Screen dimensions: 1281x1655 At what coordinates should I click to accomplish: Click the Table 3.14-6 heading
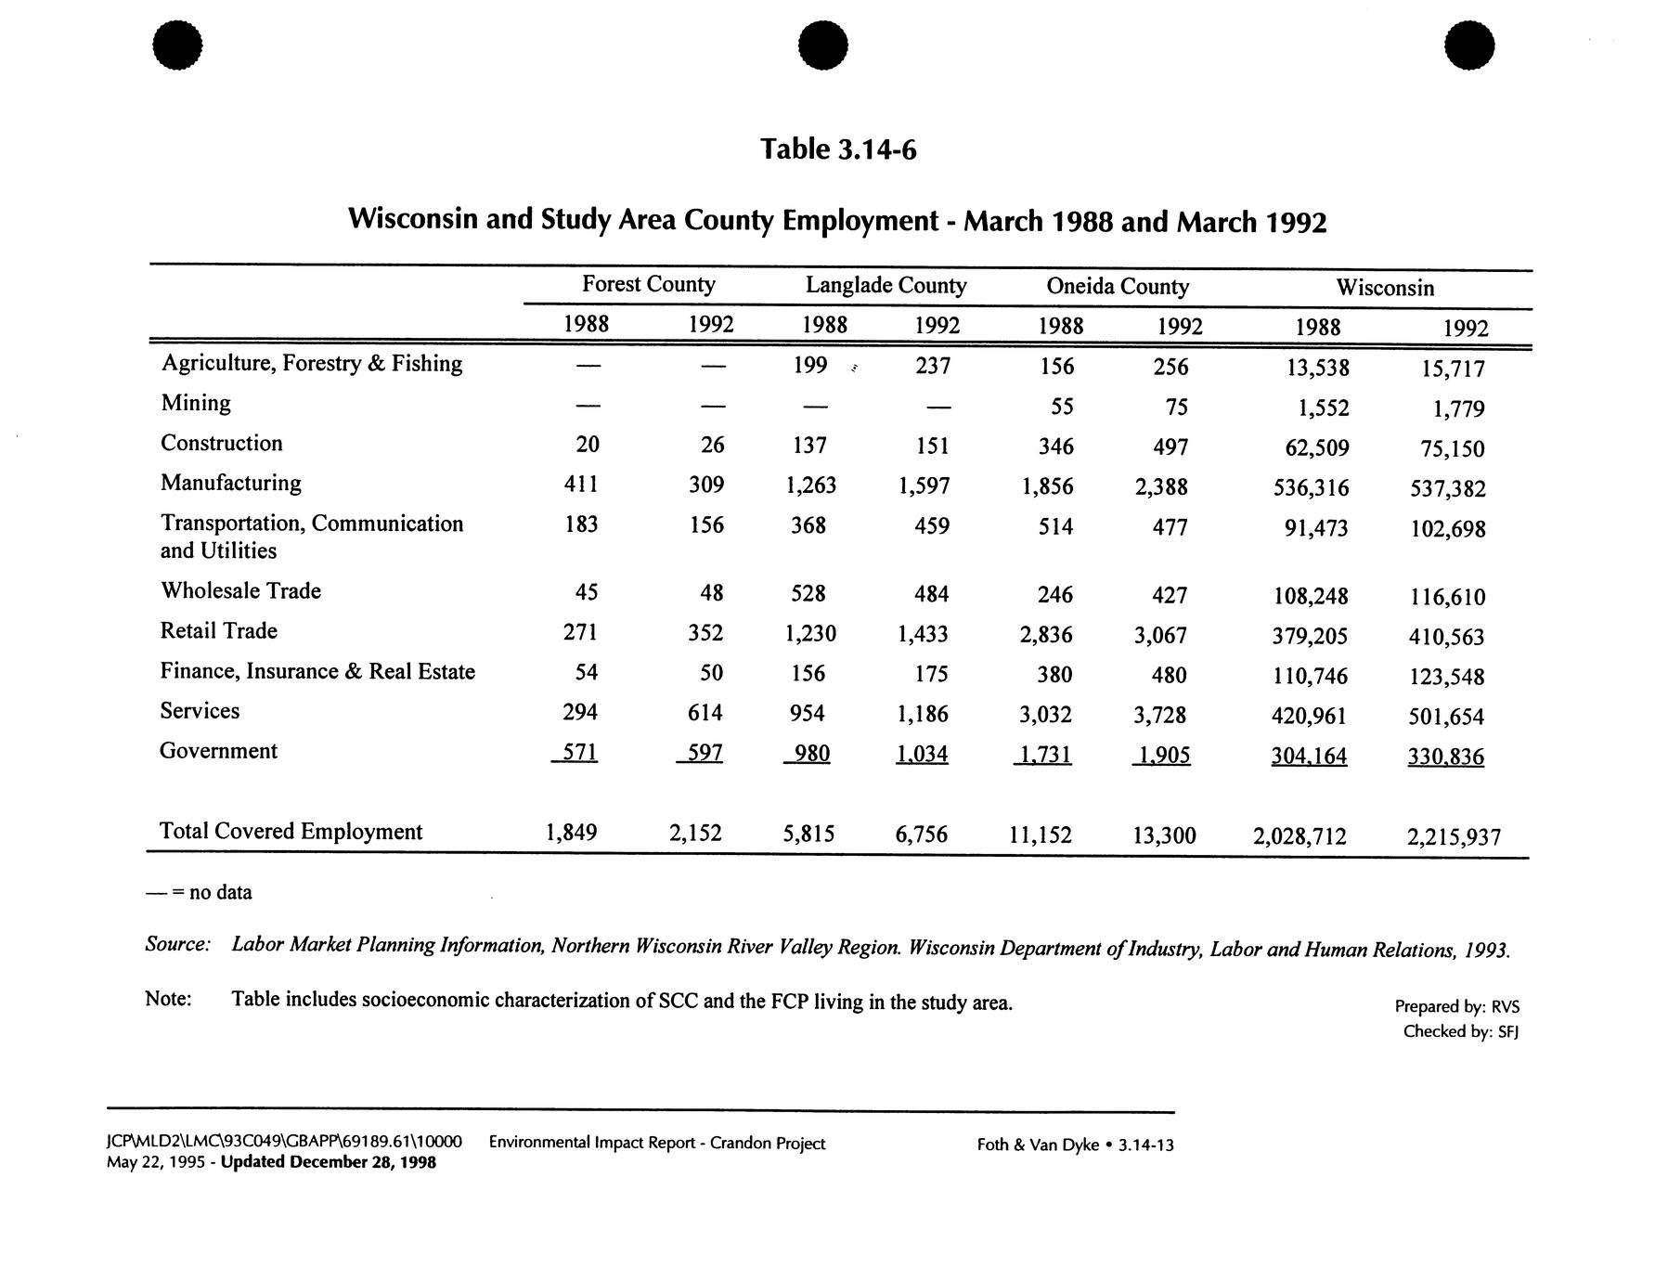(x=838, y=149)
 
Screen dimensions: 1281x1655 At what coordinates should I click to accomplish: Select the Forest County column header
(x=648, y=284)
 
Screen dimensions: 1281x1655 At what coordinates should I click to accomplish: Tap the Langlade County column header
(x=886, y=285)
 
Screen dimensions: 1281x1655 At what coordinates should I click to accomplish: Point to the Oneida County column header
(x=1117, y=286)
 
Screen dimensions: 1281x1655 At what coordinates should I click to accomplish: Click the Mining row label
(x=196, y=403)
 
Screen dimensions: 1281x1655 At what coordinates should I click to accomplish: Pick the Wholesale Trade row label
(x=240, y=591)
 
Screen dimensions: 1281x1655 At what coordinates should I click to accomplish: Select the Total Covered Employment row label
(x=291, y=831)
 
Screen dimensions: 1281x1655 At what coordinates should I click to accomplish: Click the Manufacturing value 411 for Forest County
(x=581, y=484)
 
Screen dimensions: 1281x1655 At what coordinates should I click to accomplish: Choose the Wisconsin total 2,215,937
(x=1453, y=837)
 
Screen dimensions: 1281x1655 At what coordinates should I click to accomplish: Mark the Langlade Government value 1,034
(x=922, y=754)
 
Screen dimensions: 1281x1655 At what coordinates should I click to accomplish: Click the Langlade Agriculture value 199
(x=810, y=366)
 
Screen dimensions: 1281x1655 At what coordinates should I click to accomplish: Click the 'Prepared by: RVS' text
(x=1456, y=1006)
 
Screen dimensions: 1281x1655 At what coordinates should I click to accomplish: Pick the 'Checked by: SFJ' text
(x=1460, y=1031)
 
